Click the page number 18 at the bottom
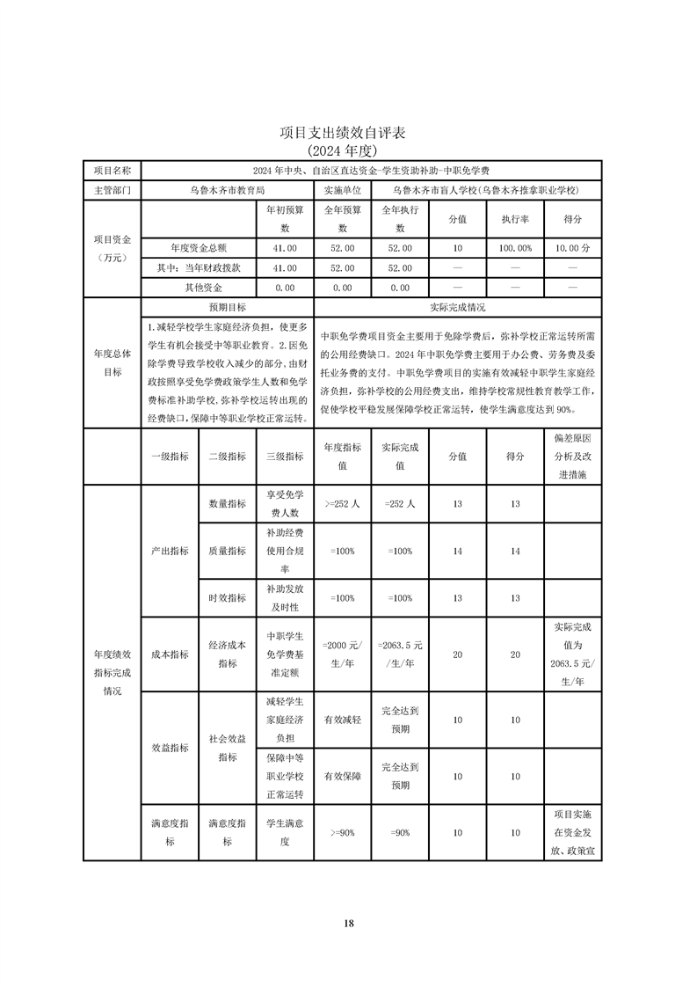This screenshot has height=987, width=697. (348, 923)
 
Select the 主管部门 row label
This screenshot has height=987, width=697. (112, 190)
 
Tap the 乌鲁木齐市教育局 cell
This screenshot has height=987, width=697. (227, 190)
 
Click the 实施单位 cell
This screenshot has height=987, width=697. (342, 190)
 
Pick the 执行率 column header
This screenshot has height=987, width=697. (515, 219)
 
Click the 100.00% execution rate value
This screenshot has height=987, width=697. (515, 249)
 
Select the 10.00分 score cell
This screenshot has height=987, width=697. (572, 249)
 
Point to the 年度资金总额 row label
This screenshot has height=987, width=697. (198, 249)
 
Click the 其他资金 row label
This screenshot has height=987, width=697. (198, 288)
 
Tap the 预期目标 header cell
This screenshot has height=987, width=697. (227, 308)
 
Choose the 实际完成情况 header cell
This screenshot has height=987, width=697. (457, 308)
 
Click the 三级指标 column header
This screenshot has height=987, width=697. (284, 457)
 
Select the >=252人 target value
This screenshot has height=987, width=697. (342, 504)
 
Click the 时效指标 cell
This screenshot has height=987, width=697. (227, 597)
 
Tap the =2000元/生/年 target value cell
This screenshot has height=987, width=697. (342, 654)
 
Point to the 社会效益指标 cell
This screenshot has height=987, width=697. (227, 748)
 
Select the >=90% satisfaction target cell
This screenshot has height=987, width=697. (342, 832)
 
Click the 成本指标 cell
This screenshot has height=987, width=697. (169, 654)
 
